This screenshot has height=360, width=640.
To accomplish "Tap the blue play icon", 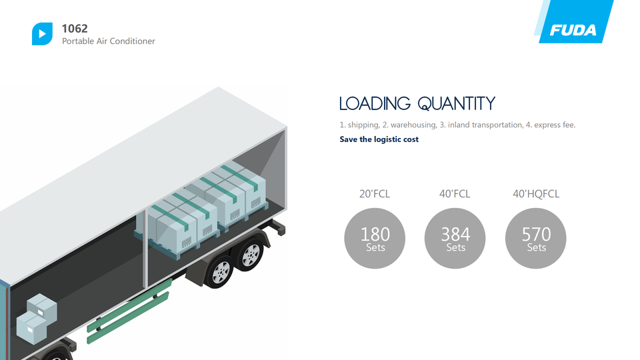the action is point(42,34).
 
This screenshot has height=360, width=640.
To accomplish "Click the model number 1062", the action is point(75,29).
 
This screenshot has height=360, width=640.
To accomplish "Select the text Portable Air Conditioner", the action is point(109,41).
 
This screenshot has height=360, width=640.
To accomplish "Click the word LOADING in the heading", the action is point(375,104).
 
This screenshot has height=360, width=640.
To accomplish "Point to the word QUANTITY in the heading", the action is point(457,104).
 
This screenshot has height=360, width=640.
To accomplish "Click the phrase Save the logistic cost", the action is point(379,139).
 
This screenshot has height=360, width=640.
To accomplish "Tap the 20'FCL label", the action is point(375,193).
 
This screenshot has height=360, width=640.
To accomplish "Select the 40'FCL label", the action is point(455,193).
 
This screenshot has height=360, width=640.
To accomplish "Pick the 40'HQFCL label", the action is point(536,193).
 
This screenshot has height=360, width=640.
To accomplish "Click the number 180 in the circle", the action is point(375,234).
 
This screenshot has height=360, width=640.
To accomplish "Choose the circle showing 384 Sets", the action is point(455,239).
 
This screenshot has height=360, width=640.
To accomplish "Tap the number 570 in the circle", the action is point(536,234).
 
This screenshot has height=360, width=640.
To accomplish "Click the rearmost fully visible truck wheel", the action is point(250,255).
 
